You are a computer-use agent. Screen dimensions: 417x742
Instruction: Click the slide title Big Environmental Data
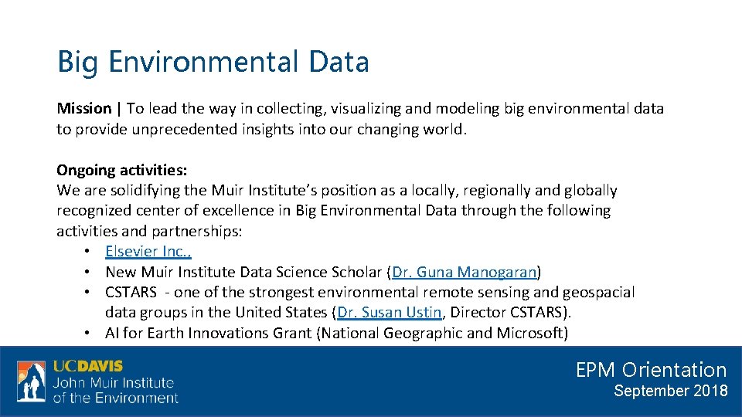[x=213, y=62]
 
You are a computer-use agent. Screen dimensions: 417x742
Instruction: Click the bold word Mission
[x=84, y=109]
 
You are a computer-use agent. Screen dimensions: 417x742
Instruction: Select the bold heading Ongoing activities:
[x=121, y=170]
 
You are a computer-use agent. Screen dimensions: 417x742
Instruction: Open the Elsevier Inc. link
[x=148, y=251]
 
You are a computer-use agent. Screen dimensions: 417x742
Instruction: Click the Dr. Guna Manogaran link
[x=465, y=272]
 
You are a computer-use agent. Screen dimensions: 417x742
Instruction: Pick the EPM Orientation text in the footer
[x=651, y=370]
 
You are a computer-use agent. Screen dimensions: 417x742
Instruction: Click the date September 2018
[x=670, y=391]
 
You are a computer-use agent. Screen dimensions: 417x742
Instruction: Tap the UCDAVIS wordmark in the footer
[x=87, y=366]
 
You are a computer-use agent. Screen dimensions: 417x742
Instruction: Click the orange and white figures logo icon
[x=31, y=381]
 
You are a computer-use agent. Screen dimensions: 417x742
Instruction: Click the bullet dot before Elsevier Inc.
[x=90, y=252]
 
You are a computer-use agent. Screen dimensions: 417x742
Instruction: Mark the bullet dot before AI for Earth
[x=90, y=334]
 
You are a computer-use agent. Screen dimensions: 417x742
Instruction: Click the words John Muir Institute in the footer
[x=114, y=382]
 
